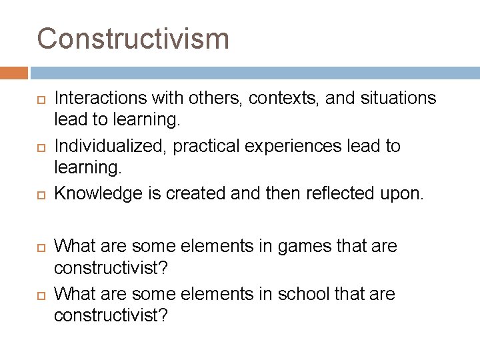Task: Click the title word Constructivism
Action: [x=133, y=39]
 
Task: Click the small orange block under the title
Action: [x=14, y=73]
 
